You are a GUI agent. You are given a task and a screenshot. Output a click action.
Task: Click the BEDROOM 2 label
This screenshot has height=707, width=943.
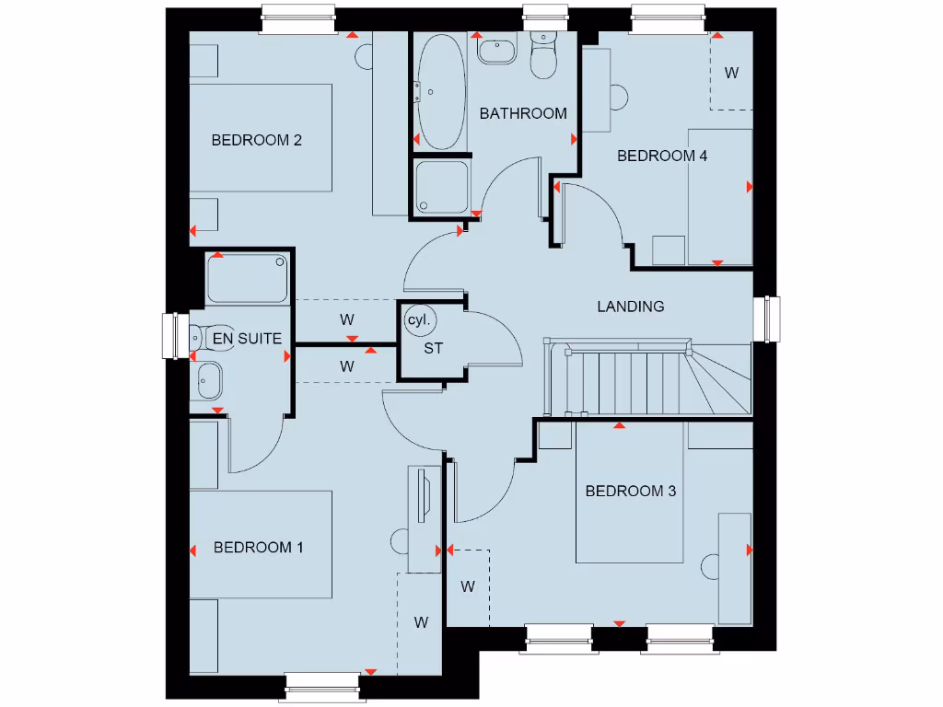(x=257, y=141)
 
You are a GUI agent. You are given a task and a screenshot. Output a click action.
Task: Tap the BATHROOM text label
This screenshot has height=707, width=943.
(x=523, y=113)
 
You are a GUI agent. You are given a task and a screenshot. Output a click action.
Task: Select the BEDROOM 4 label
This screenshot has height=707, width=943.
(x=661, y=156)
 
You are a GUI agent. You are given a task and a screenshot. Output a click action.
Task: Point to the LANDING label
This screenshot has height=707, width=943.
(x=631, y=307)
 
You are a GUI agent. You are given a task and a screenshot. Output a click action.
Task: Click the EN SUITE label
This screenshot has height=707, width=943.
(x=247, y=340)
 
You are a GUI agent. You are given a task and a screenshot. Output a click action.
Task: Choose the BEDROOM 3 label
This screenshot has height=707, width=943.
(x=631, y=491)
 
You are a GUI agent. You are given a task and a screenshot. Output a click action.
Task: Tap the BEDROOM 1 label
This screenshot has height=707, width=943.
(x=258, y=548)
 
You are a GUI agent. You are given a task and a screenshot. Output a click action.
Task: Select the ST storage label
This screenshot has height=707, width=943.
(x=433, y=349)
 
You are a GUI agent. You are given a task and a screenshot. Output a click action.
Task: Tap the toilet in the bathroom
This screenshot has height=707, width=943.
(x=543, y=57)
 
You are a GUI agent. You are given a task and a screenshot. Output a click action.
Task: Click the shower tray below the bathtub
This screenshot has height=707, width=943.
(x=442, y=188)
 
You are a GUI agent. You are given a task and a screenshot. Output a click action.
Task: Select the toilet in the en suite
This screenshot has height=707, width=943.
(x=213, y=338)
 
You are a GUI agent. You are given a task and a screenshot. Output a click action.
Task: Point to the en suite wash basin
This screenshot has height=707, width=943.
(x=208, y=379)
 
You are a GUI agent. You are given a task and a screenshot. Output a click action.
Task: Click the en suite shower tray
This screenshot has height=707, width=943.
(x=248, y=279)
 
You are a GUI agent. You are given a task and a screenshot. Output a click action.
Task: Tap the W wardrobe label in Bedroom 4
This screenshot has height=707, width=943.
(x=731, y=73)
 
